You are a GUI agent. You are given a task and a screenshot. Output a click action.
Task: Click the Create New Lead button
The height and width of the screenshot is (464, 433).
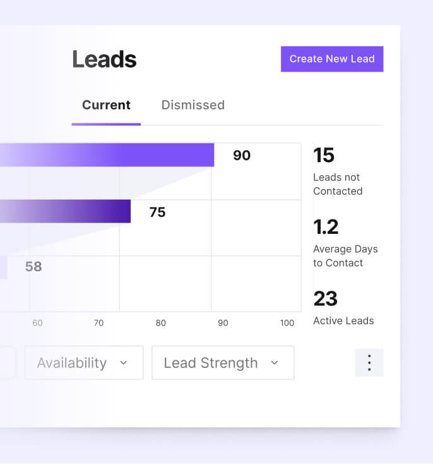pos(332,59)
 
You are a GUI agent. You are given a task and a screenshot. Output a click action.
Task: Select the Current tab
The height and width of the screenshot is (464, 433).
pos(106,105)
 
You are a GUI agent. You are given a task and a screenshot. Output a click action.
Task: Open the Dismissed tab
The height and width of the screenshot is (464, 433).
pos(193,105)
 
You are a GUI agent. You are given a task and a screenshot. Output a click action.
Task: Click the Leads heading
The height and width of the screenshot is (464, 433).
pos(104,59)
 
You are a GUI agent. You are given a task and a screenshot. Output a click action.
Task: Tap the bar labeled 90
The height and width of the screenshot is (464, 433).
pos(126,155)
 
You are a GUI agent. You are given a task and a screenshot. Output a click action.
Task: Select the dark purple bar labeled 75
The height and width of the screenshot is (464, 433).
pos(76,211)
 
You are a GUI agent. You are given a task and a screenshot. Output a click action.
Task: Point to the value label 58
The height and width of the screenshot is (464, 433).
pos(33,267)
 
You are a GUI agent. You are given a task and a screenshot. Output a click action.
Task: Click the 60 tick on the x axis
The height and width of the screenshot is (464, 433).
pos(37,323)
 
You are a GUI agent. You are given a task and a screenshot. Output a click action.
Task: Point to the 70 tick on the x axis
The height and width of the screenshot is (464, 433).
pos(98,323)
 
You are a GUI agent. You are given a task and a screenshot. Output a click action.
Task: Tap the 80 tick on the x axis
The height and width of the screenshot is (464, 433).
pos(161,323)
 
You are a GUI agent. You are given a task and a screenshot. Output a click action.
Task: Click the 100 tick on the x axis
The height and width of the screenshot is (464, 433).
pos(287,323)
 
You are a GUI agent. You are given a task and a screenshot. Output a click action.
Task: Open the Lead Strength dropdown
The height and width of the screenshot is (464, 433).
pos(222,363)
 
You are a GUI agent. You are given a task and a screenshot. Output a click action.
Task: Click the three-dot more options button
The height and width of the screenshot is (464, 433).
pos(369,363)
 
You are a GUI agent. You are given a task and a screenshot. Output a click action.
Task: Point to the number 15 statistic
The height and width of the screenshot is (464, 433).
pos(324,156)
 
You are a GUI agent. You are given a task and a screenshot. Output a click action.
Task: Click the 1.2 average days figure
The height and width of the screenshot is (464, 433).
pos(326,227)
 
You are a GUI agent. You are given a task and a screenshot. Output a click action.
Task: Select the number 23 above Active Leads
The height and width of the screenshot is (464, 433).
pos(325,298)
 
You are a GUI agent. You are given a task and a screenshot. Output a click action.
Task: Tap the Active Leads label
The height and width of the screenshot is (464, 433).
pos(343,321)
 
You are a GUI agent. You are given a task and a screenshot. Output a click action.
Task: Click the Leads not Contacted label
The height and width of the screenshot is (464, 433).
pos(338,184)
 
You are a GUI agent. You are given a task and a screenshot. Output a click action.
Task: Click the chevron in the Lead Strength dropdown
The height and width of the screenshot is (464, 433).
pos(275,363)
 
